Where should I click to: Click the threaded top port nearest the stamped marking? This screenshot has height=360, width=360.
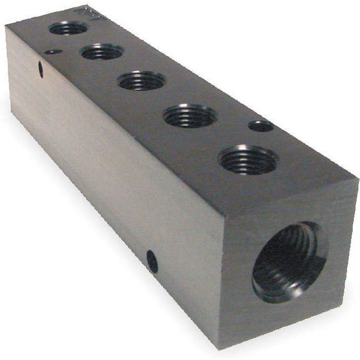point(68,28)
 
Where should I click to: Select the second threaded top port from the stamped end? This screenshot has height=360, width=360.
point(102,52)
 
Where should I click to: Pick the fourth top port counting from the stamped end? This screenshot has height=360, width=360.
point(190,116)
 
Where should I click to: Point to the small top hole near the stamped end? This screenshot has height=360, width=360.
point(53,52)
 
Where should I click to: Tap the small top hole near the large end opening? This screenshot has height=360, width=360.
point(261,126)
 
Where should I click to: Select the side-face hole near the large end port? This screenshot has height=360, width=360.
point(152,262)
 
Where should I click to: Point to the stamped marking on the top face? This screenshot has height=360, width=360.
point(81,12)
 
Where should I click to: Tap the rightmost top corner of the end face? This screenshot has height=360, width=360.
point(358,177)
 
